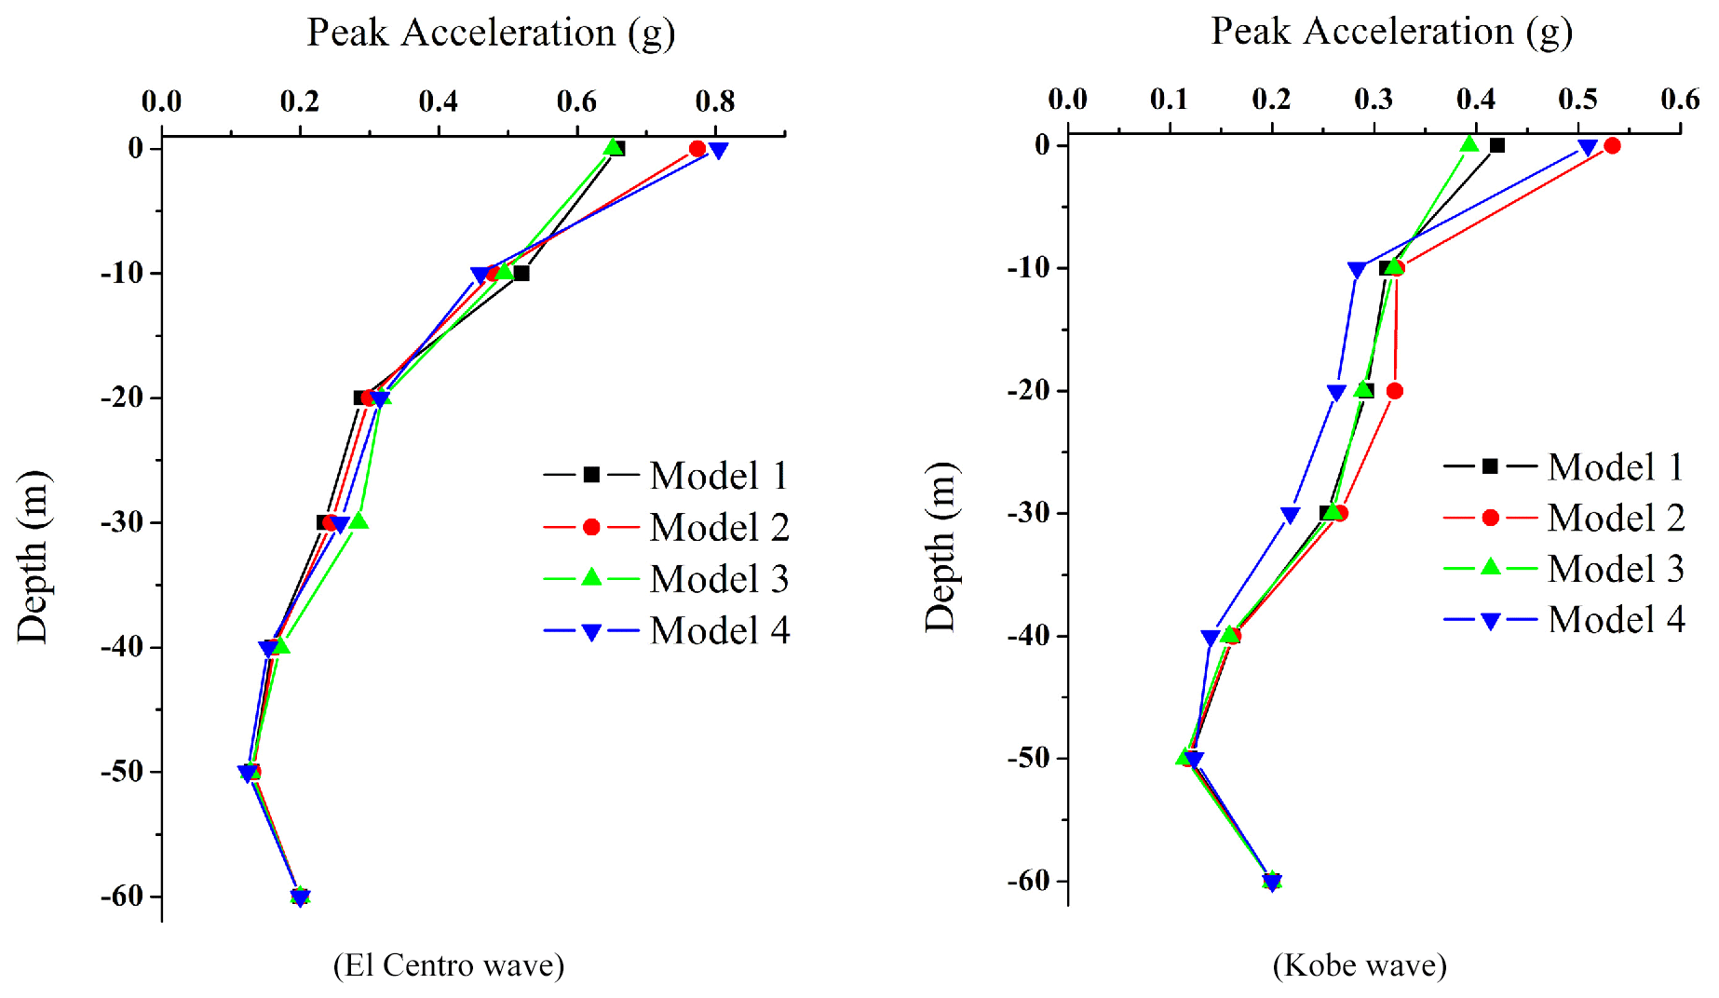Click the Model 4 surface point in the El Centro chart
[718, 150]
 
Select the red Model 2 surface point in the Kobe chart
[1612, 145]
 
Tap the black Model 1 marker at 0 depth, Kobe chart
[1496, 145]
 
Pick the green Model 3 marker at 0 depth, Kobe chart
[1469, 144]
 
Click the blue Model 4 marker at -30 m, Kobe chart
[1290, 515]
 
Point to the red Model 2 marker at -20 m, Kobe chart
[1394, 391]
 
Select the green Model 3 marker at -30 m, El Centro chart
[359, 520]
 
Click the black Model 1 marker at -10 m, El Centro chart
[521, 274]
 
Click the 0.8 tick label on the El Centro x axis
[715, 101]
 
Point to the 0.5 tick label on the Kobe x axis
[1578, 99]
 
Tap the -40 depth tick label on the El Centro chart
[122, 646]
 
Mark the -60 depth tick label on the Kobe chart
[1028, 880]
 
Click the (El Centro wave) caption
[449, 965]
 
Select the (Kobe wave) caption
[1360, 965]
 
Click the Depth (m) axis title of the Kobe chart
[941, 547]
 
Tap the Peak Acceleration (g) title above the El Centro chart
[491, 34]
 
